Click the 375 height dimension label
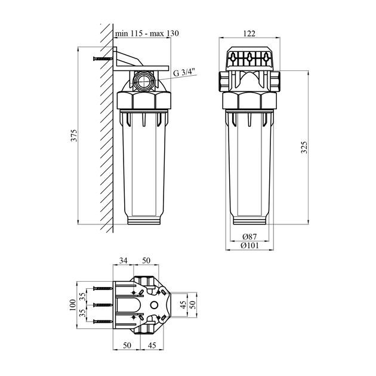[x=75, y=135]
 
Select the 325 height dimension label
[x=304, y=147]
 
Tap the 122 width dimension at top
[x=249, y=33]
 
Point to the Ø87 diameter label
[x=249, y=237]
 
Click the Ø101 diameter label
[x=249, y=245]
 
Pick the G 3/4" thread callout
[x=184, y=72]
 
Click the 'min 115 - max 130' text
[x=147, y=33]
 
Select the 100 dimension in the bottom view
[x=73, y=305]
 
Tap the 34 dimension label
[x=124, y=261]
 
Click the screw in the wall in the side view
[x=103, y=58]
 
